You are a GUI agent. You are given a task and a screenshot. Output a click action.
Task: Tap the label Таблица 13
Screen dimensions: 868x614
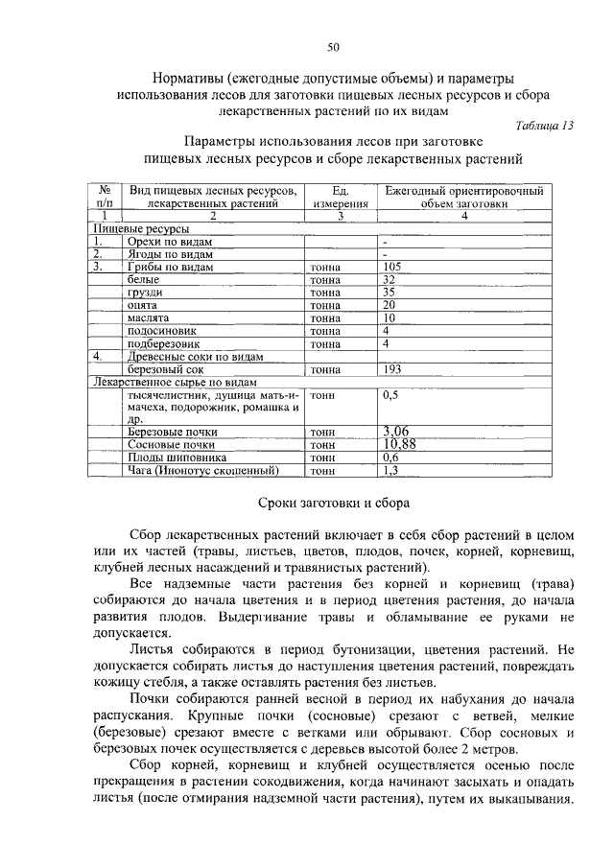point(544,126)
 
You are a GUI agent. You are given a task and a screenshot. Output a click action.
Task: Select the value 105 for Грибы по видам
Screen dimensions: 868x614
point(390,267)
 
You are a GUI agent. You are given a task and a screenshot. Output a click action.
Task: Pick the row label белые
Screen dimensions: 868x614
point(141,279)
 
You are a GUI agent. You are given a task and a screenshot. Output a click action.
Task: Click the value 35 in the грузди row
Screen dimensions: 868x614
point(389,292)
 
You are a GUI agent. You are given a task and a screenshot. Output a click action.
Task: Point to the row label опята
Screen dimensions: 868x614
point(141,305)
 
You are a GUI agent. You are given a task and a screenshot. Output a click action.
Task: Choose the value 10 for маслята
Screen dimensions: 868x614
point(389,317)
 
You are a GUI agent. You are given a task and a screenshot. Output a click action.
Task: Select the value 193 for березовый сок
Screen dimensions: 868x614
point(390,368)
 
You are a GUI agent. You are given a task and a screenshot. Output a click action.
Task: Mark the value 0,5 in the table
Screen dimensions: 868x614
point(390,394)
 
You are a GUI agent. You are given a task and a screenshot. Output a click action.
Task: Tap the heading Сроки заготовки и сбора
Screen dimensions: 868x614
point(334,504)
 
